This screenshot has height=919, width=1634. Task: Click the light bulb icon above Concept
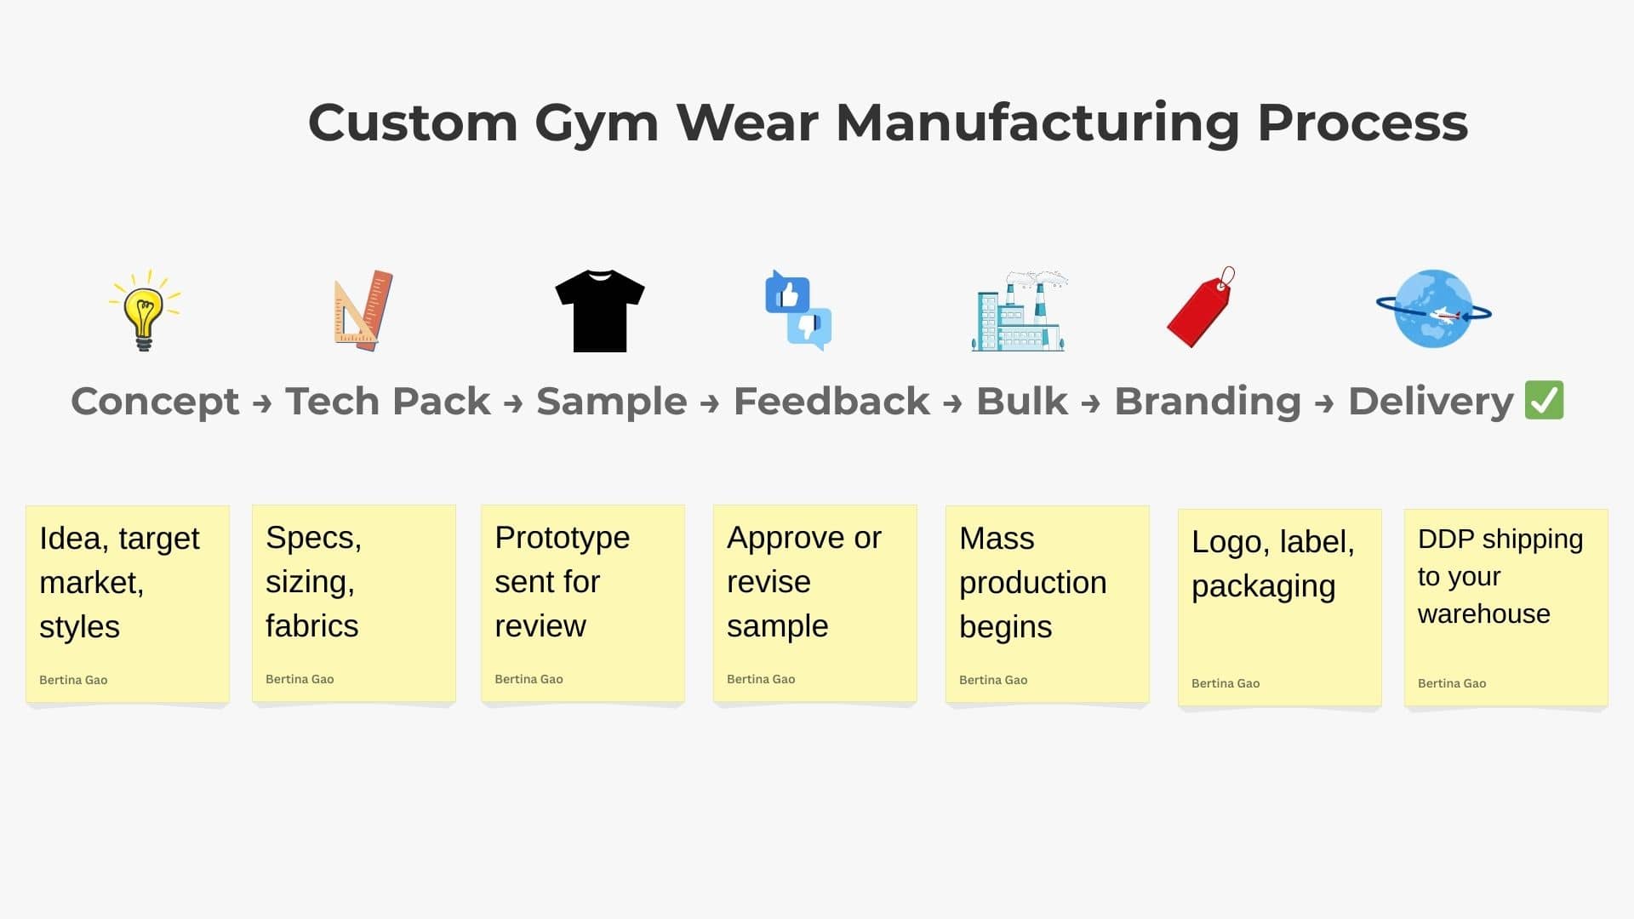145,310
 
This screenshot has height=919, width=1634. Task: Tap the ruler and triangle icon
363,310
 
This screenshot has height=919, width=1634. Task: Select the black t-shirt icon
600,311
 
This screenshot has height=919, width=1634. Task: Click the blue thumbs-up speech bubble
786,293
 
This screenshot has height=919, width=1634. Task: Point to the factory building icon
1019,311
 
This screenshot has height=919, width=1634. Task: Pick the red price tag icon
1200,307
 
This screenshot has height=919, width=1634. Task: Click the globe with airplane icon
1434,309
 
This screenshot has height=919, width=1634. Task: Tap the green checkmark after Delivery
1544,400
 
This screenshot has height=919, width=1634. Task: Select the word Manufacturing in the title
1038,123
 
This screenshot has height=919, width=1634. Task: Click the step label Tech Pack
388,401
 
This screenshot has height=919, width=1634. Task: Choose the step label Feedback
831,401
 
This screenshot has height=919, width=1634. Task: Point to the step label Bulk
1022,401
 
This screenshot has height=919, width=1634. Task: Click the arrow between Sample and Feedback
710,403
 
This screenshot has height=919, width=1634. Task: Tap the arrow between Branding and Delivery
1324,403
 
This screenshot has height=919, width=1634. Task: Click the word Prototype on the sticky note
562,539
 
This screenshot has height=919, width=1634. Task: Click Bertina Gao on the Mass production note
993,680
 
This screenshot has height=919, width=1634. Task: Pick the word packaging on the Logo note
1263,587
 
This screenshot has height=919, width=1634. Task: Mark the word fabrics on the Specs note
311,626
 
